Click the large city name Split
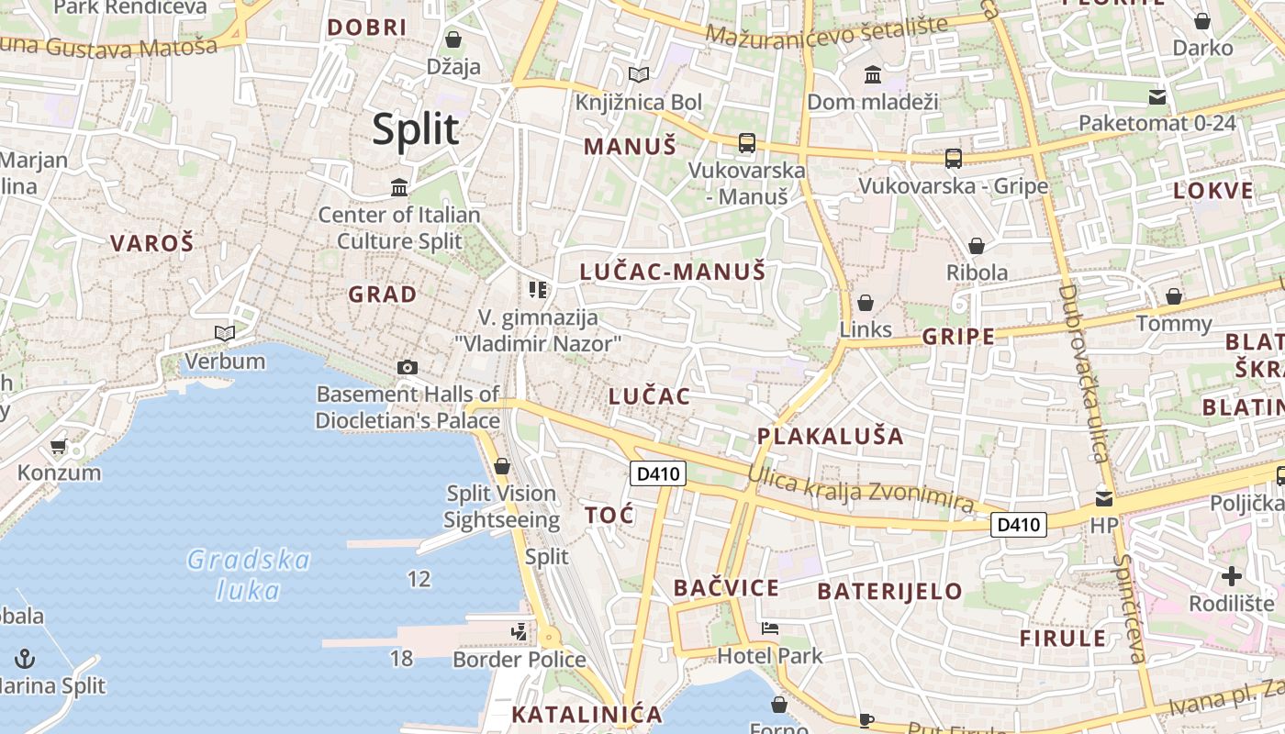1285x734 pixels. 416,129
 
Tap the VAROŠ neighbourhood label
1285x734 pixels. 152,243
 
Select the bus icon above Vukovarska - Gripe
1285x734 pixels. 954,159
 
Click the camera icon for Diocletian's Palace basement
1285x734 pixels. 408,367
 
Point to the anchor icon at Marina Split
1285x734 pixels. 26,658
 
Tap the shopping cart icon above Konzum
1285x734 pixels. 59,447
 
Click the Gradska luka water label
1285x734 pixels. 249,573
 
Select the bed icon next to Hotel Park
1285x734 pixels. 770,628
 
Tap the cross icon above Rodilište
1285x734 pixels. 1232,576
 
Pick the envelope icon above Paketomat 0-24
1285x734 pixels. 1156,96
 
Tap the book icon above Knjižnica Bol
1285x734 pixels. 638,74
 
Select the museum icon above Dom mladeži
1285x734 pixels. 873,74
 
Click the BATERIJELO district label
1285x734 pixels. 889,591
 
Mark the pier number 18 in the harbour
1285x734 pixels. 401,658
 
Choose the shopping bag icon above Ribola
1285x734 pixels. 977,246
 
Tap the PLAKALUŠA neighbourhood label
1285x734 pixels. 831,436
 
